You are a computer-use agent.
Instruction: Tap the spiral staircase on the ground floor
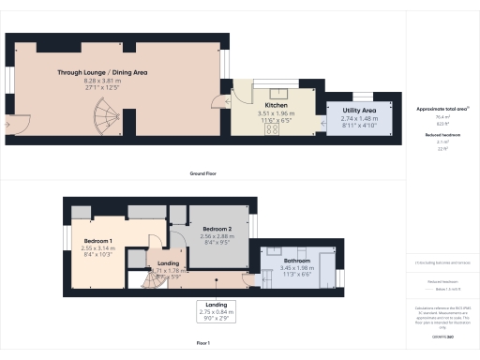104,118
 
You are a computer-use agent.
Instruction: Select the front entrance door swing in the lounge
15,122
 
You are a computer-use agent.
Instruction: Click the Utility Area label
361,111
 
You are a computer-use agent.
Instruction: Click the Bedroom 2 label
217,229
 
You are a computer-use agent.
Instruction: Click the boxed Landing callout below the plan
216,309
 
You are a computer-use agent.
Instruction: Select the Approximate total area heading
442,110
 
